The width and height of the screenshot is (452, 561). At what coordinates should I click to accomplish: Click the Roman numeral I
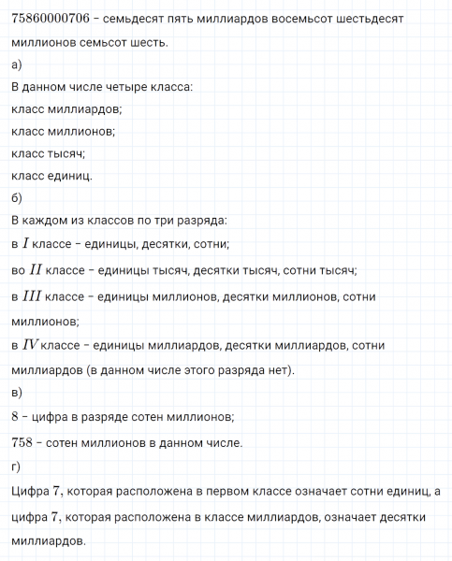[x=28, y=244]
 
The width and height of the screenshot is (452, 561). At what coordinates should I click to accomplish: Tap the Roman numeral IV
[x=31, y=346]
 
